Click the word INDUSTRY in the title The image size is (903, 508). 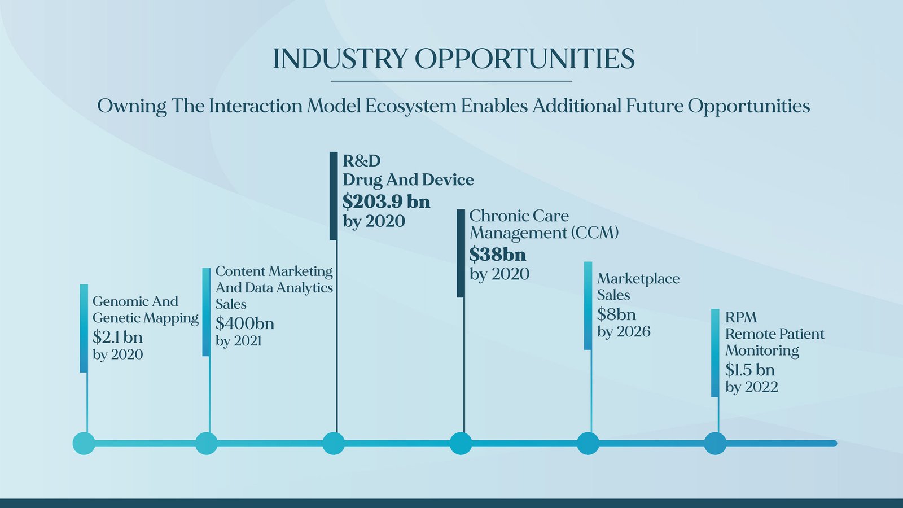pyautogui.click(x=340, y=59)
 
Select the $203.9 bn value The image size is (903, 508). pyautogui.click(x=387, y=202)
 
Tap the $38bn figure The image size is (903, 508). pyautogui.click(x=497, y=255)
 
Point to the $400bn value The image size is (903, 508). pyautogui.click(x=245, y=323)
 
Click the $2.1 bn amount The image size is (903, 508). pyautogui.click(x=118, y=336)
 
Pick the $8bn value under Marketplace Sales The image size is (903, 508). pyautogui.click(x=616, y=314)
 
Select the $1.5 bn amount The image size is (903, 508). pyautogui.click(x=750, y=369)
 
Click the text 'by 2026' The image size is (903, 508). pyautogui.click(x=624, y=332)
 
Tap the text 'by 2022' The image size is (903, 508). pyautogui.click(x=751, y=387)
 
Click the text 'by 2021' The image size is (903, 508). pyautogui.click(x=238, y=341)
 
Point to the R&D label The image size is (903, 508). pyautogui.click(x=362, y=161)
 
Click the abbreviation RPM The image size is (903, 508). pyautogui.click(x=741, y=318)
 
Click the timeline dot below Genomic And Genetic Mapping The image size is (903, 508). pyautogui.click(x=84, y=444)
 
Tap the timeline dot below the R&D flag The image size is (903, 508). pyautogui.click(x=334, y=444)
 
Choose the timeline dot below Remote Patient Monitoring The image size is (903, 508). pyautogui.click(x=715, y=444)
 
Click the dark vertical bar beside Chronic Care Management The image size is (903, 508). pyautogui.click(x=461, y=253)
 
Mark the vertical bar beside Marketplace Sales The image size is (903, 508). pyautogui.click(x=588, y=305)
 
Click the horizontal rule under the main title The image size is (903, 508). pyautogui.click(x=451, y=81)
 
